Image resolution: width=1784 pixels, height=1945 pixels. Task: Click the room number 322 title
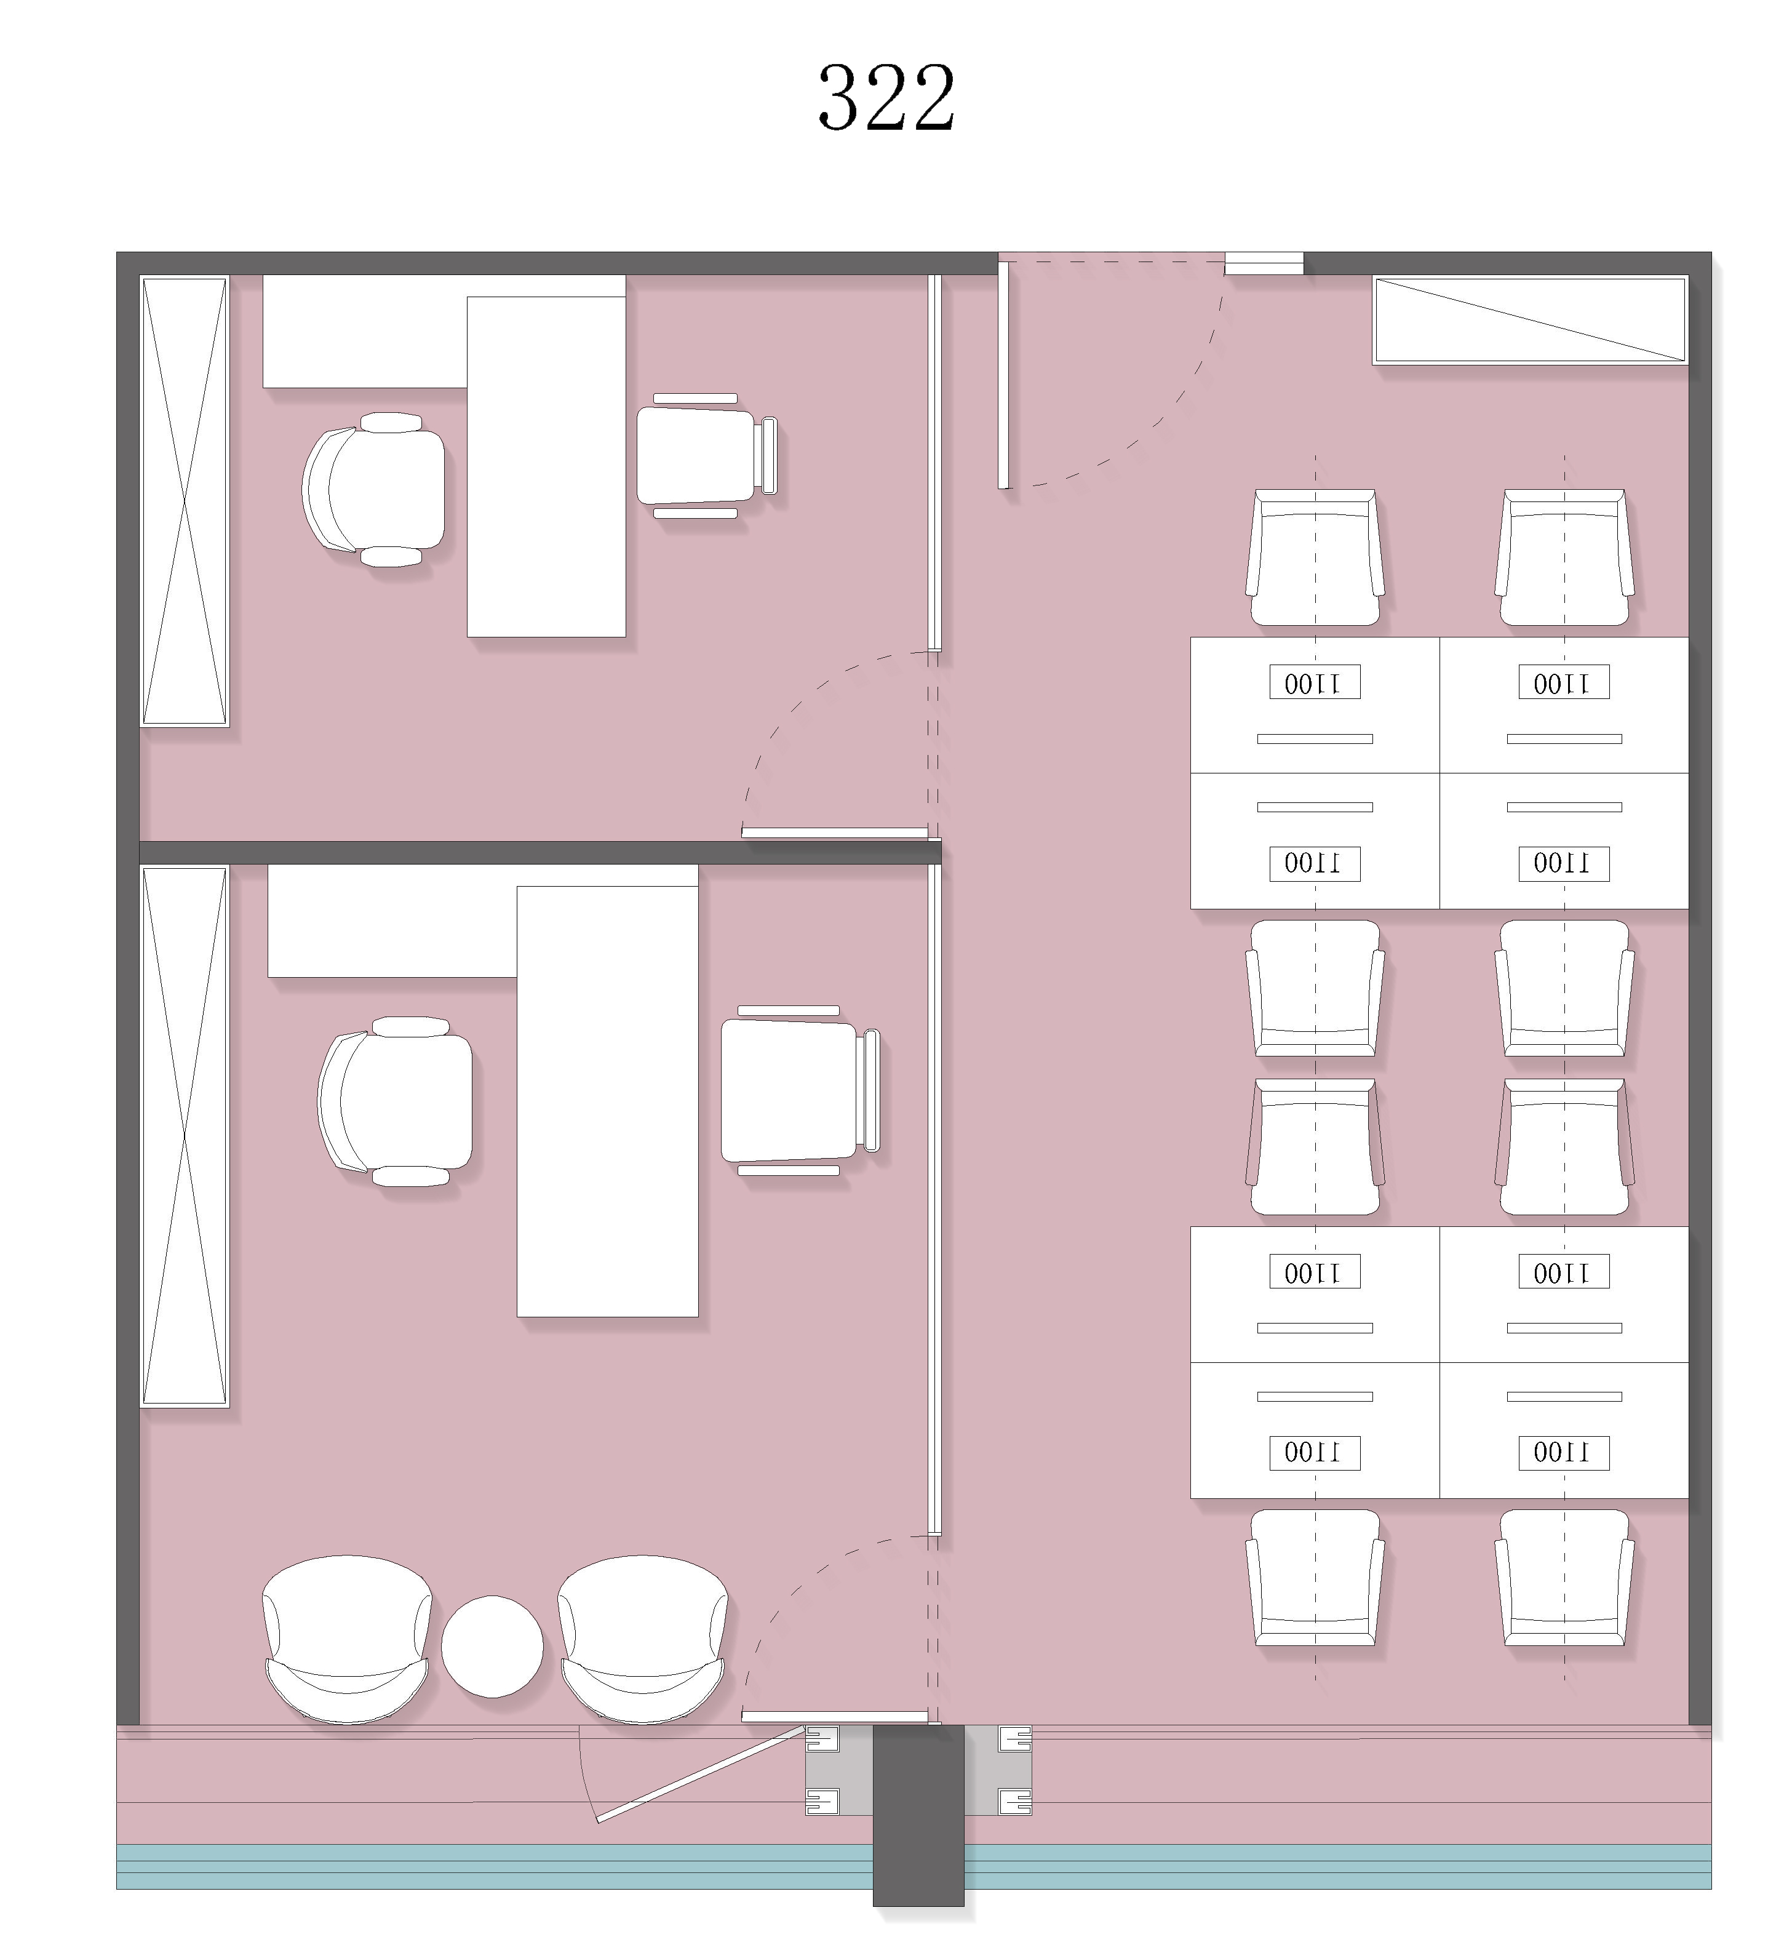[886, 98]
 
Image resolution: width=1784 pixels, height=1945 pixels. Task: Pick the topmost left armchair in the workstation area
[1315, 557]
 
